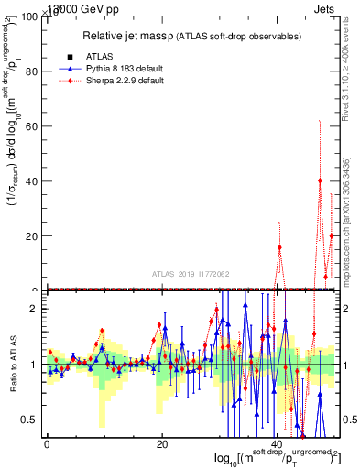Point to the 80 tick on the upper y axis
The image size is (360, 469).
click(x=31, y=71)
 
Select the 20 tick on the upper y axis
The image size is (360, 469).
click(x=31, y=236)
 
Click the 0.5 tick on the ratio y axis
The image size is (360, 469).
click(x=28, y=420)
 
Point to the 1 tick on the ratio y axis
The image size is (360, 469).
click(x=33, y=365)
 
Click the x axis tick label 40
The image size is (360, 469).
click(x=278, y=444)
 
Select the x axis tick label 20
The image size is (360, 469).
click(x=162, y=444)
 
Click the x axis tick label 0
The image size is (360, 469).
click(x=47, y=444)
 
